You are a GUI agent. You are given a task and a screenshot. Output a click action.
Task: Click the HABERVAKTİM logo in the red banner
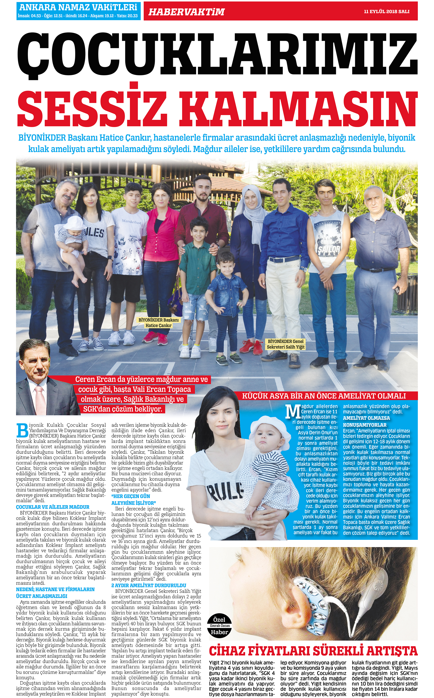coord(186,12)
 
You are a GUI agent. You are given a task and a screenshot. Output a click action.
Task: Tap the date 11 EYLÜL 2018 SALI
coord(386,11)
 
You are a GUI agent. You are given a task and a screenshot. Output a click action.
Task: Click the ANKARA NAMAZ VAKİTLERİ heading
coord(78,7)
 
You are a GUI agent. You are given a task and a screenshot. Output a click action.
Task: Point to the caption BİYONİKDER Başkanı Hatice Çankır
coord(158,323)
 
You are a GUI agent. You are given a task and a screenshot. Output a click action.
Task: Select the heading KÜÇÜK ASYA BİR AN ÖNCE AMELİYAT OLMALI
coord(324,396)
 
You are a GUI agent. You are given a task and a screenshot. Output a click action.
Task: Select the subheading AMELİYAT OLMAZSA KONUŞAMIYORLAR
coord(366,421)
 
